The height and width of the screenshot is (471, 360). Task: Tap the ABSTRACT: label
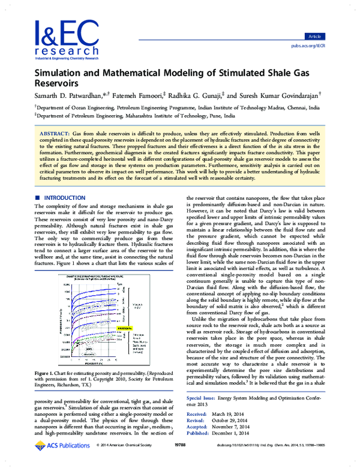click(x=55, y=131)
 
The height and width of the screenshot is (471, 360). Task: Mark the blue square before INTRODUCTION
click(x=38, y=197)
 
